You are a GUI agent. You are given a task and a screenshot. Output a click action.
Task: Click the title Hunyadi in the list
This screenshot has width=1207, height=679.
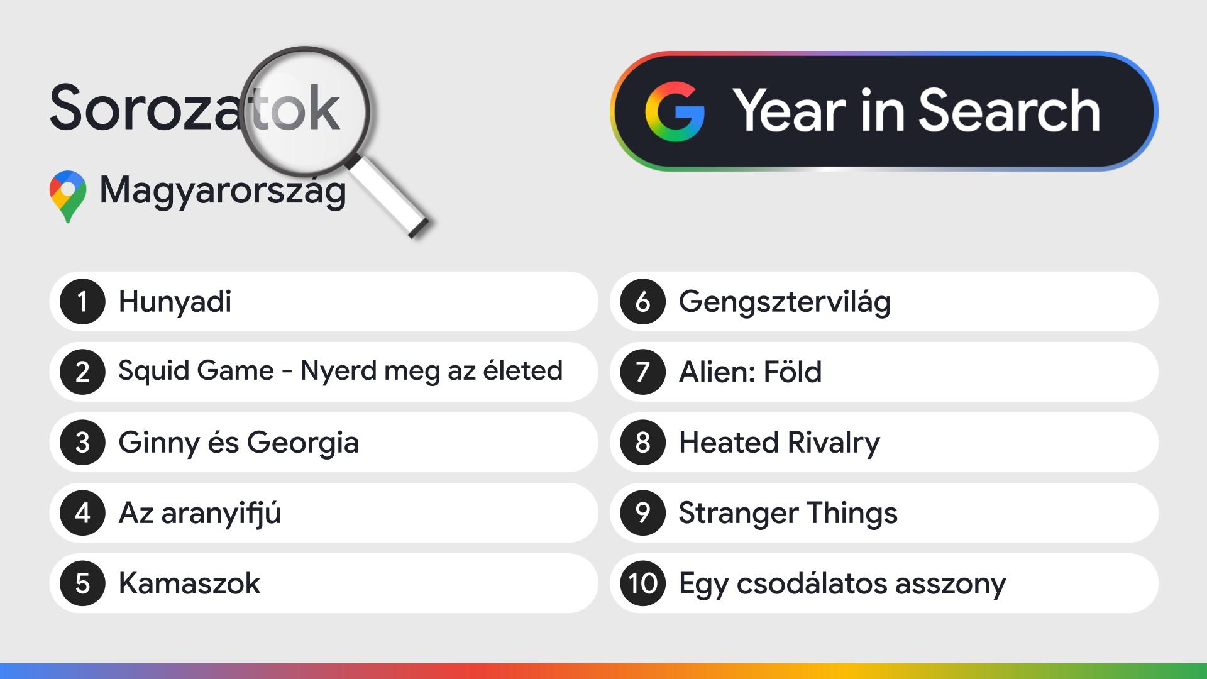click(x=175, y=302)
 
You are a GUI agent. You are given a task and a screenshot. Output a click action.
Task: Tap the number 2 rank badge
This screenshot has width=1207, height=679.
click(x=82, y=372)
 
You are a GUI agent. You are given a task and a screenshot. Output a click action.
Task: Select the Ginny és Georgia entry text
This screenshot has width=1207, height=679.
click(x=239, y=443)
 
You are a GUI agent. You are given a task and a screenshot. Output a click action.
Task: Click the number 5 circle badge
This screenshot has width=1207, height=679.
click(x=82, y=583)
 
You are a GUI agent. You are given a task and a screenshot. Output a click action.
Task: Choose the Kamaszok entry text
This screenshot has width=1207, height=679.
click(x=189, y=583)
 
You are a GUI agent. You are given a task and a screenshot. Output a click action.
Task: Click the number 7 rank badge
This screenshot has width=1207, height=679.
click(x=642, y=372)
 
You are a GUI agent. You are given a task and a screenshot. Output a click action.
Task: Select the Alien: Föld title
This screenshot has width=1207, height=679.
click(x=750, y=372)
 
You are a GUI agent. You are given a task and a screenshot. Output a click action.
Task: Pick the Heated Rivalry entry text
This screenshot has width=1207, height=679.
click(x=779, y=443)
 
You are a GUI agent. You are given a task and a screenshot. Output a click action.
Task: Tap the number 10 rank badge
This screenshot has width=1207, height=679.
click(x=642, y=583)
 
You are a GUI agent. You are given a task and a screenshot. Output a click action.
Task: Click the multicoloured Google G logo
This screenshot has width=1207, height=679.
click(x=675, y=111)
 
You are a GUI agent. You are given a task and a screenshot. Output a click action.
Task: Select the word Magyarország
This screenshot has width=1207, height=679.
click(x=223, y=190)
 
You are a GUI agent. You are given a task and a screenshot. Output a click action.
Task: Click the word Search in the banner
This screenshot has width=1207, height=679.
click(x=1010, y=111)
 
